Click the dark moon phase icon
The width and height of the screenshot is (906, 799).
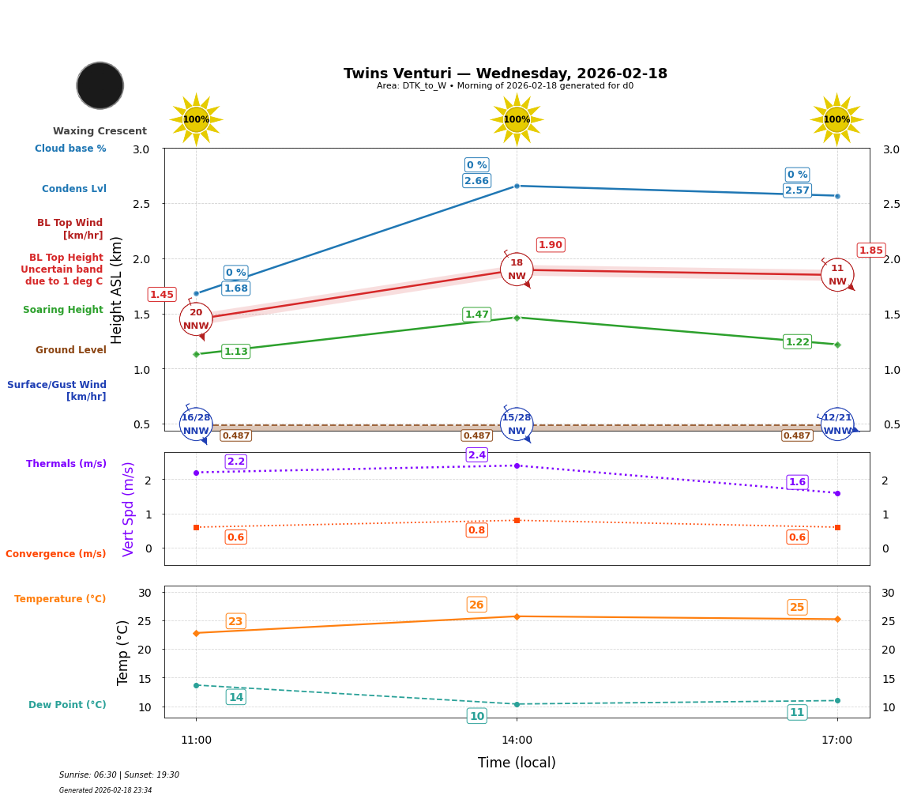click(x=100, y=85)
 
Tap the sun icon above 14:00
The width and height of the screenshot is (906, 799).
click(x=517, y=119)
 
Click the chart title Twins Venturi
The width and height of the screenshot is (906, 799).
click(x=505, y=73)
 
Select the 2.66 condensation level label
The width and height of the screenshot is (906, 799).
click(x=476, y=181)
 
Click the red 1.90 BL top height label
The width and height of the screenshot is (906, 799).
click(x=551, y=245)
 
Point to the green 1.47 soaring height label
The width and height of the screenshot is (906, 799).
click(x=476, y=315)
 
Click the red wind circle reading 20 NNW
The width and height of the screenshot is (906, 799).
click(x=196, y=319)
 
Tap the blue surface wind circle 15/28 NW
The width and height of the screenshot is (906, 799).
click(x=517, y=424)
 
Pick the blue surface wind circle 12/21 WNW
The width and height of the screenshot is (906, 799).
click(x=837, y=424)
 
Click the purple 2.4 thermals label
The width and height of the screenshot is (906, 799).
click(x=477, y=455)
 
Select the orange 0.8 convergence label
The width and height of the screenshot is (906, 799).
click(x=476, y=530)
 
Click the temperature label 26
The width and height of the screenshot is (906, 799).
click(x=476, y=605)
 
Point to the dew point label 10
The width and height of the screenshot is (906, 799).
click(x=477, y=716)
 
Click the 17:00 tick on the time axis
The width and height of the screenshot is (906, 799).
click(x=836, y=741)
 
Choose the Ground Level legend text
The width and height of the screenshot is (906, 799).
click(x=71, y=350)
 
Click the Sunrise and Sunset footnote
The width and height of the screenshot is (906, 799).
click(x=119, y=775)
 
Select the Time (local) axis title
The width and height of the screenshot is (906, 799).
click(x=517, y=763)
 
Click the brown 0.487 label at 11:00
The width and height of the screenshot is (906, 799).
click(x=235, y=435)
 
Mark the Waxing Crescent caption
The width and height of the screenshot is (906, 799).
click(x=100, y=131)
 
